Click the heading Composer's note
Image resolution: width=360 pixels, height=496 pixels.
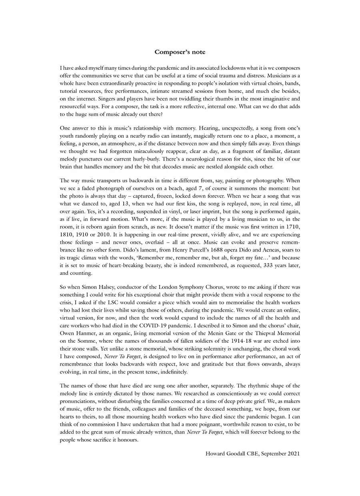tap(180, 52)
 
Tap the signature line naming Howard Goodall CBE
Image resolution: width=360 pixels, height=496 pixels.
tap(252, 454)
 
